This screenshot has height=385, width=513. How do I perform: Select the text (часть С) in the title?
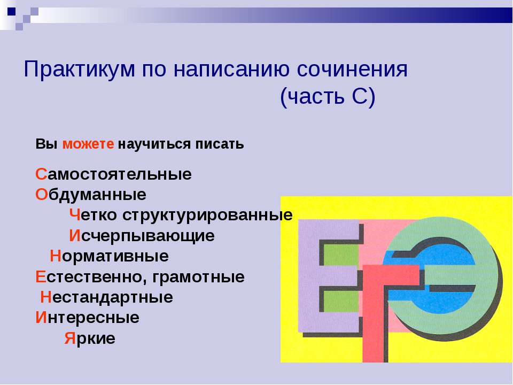pos(328,97)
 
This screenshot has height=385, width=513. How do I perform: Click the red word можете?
pos(88,144)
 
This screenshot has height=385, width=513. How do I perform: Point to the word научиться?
pos(152,144)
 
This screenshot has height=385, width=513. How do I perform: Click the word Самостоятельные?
pos(113,175)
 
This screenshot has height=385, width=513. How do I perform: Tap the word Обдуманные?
pos(91,195)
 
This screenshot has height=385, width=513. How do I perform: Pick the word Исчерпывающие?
pos(142,236)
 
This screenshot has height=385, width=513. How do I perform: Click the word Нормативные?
pos(110,257)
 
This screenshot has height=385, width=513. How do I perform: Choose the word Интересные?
pos(88,318)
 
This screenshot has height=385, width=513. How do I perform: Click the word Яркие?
pos(90,338)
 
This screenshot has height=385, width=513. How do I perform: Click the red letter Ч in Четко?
pos(75,215)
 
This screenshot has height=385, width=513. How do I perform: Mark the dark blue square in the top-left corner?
pos(11,10)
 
